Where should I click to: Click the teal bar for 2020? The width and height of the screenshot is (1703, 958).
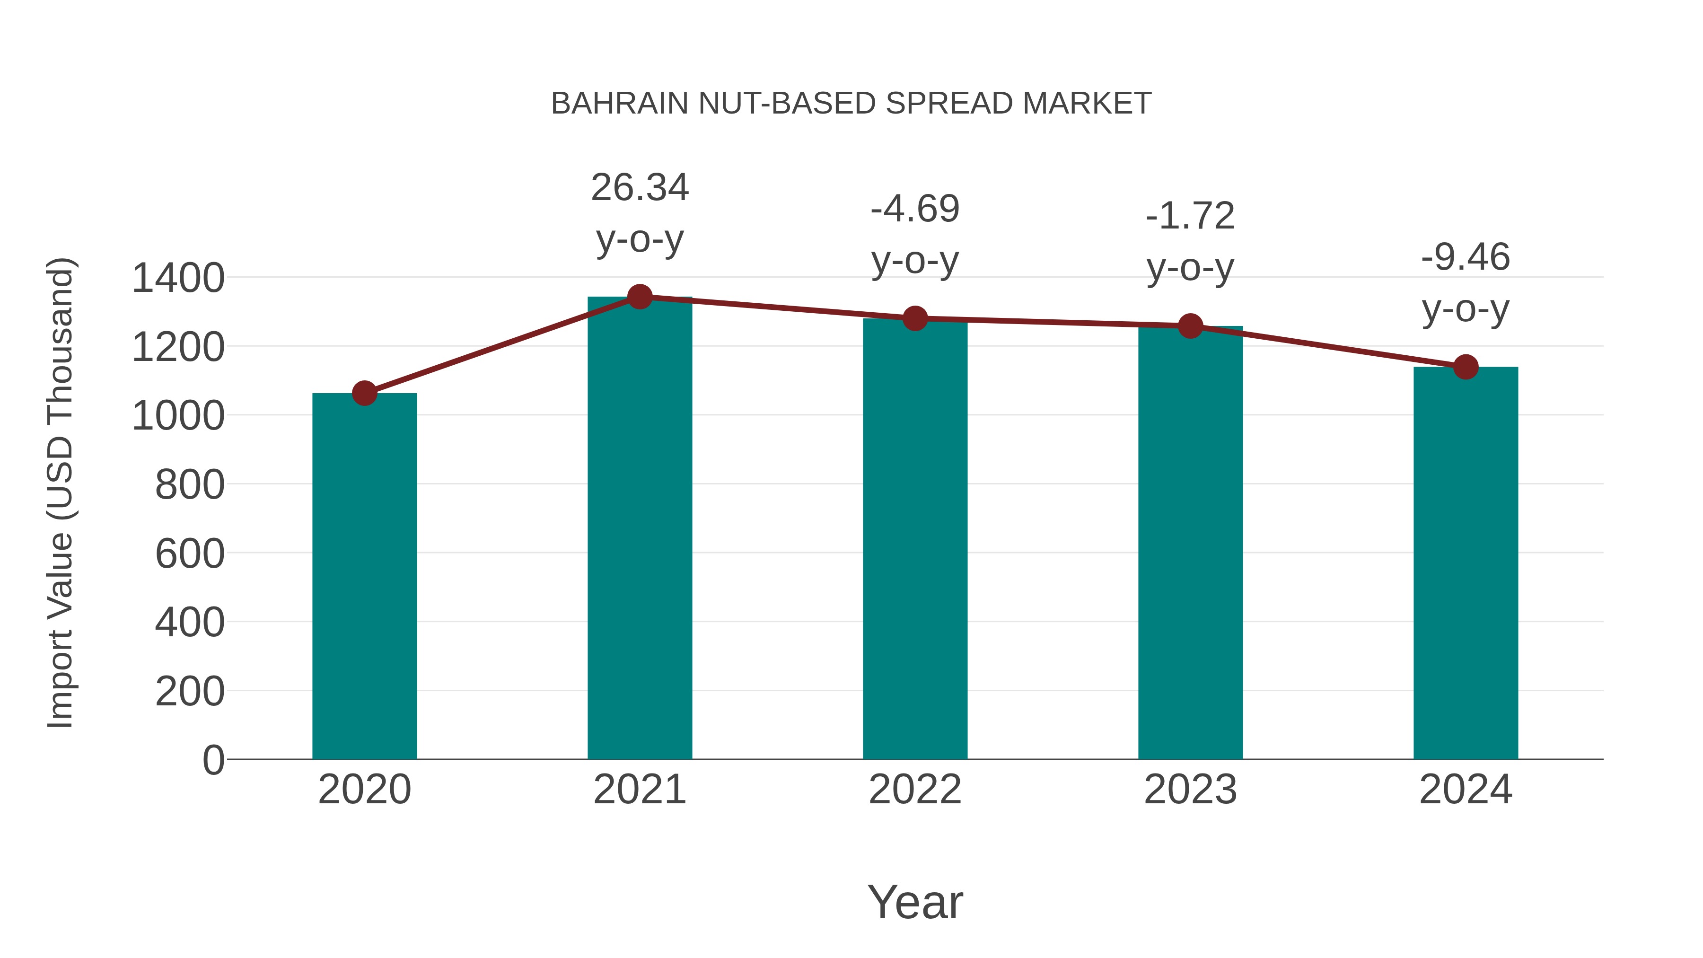point(364,575)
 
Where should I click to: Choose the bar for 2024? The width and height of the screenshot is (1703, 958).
point(1466,562)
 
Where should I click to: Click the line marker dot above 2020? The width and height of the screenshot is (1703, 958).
point(364,394)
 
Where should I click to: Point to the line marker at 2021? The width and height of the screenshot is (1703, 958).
point(639,297)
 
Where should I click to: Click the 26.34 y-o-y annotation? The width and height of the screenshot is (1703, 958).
point(639,212)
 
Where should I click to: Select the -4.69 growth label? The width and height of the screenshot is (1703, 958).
point(915,234)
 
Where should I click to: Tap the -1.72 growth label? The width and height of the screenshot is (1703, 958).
point(1190,241)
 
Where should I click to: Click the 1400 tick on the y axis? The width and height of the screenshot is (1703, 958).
point(178,278)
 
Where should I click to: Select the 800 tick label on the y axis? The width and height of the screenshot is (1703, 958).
point(190,484)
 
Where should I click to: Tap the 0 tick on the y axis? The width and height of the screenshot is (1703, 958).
point(213,760)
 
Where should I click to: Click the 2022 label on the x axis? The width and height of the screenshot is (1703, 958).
point(915,790)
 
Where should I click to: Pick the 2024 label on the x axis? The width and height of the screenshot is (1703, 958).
point(1466,790)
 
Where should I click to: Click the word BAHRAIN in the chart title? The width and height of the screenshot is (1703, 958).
point(619,104)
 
